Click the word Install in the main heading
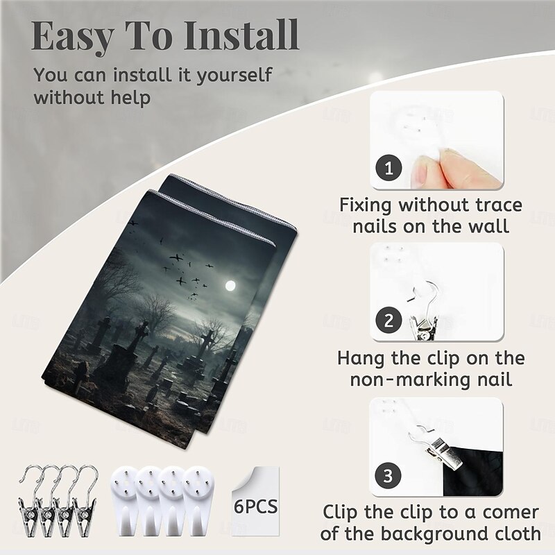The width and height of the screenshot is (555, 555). [241, 36]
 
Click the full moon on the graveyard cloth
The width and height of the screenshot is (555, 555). [230, 286]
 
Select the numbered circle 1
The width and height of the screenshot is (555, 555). [389, 168]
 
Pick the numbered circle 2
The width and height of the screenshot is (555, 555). [388, 321]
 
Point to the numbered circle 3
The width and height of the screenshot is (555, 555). [388, 475]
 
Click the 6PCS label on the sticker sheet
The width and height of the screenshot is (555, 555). [255, 506]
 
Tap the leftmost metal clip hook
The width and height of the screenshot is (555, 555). [30, 501]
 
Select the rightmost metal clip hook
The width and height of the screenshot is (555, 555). [85, 501]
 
